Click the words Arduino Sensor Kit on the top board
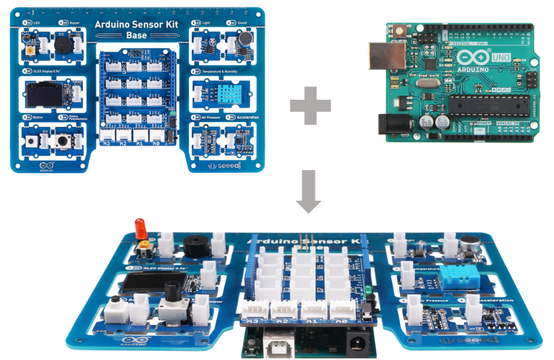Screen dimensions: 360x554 pyautogui.click(x=137, y=25)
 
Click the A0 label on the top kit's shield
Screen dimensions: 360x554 pyautogui.click(x=156, y=144)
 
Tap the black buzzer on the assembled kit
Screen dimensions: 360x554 pyautogui.click(x=197, y=246)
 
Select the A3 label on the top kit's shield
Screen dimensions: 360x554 pyautogui.click(x=106, y=144)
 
